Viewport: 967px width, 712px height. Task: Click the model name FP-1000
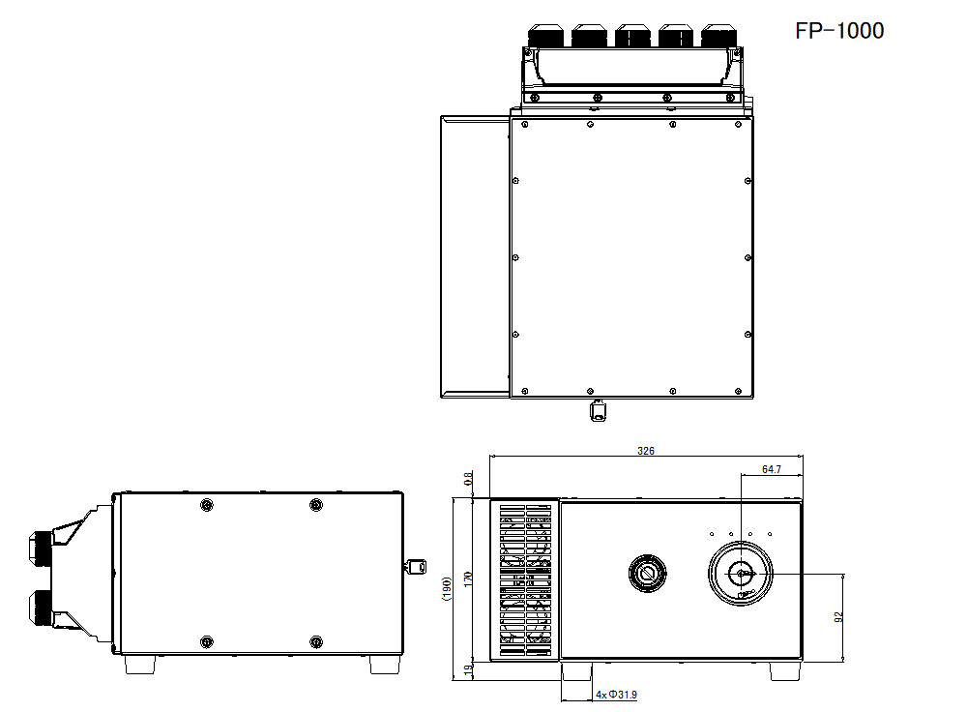tap(838, 31)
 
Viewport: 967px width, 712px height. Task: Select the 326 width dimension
tap(646, 451)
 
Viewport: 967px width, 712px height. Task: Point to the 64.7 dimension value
tap(771, 469)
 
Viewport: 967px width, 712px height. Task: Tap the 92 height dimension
tap(839, 616)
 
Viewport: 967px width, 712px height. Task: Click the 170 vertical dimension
tap(469, 578)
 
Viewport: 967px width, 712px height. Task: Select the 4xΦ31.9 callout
tap(616, 695)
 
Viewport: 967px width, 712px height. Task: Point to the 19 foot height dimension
tap(469, 670)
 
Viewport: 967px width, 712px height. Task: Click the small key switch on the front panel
tap(645, 574)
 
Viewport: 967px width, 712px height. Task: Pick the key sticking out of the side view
tap(416, 567)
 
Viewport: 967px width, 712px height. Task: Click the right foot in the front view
tap(784, 670)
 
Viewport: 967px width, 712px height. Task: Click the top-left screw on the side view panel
tap(205, 506)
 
